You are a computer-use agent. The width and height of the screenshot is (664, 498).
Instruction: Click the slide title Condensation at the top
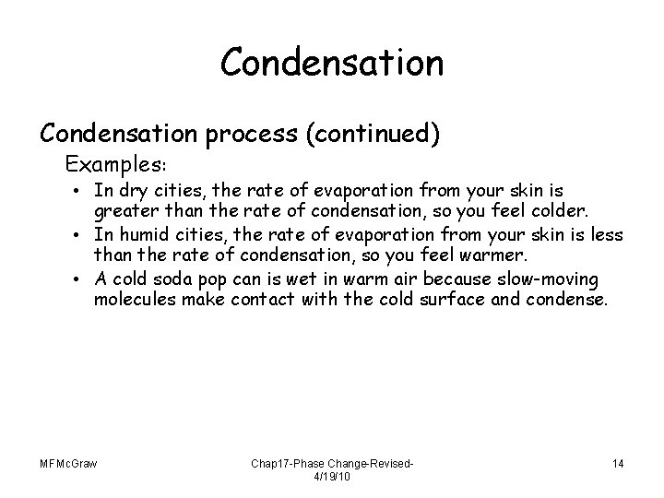(x=332, y=64)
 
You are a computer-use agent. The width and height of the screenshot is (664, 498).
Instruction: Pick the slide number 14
(x=616, y=463)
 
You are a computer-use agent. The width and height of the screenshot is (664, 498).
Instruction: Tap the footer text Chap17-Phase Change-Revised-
(x=331, y=463)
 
